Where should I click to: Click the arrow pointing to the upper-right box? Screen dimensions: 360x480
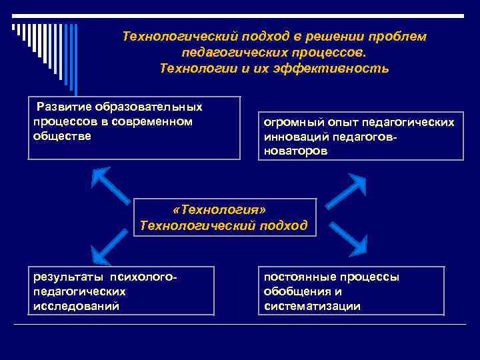(345, 191)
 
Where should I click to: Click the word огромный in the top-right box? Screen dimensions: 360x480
(289, 123)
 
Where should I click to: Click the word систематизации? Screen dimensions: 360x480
(312, 306)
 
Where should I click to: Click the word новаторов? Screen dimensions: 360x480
(295, 151)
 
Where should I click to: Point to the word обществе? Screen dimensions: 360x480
(62, 135)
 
